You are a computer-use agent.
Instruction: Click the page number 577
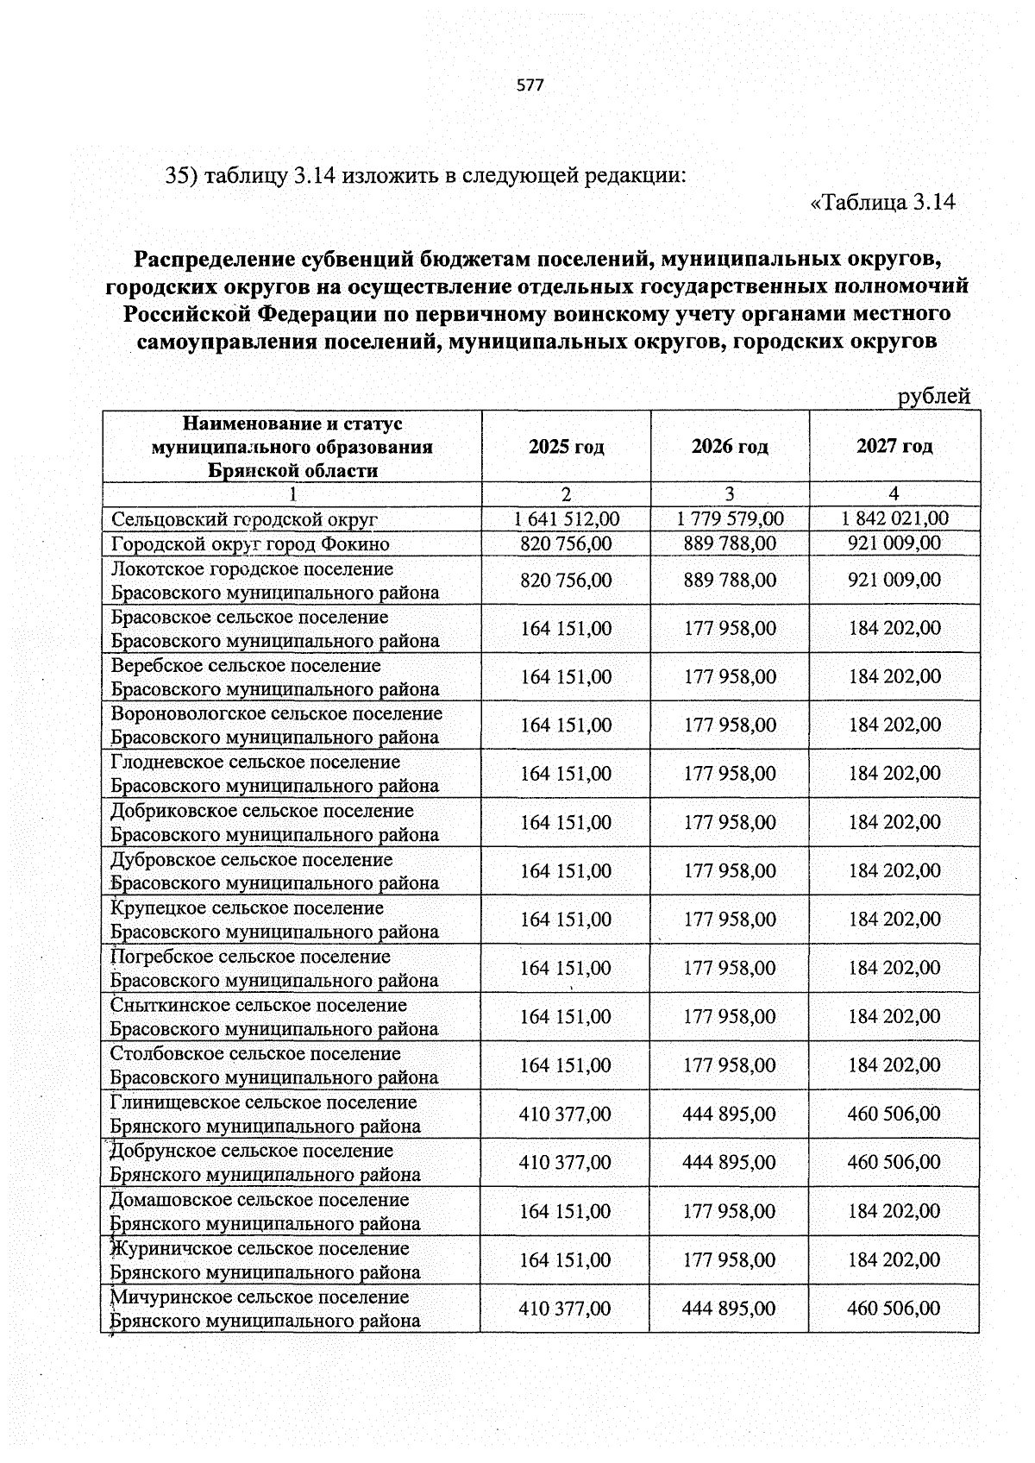pyautogui.click(x=530, y=85)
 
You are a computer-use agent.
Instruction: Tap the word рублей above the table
pyautogui.click(x=934, y=396)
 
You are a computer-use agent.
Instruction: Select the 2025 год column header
pyautogui.click(x=566, y=446)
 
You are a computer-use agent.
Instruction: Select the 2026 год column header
pyautogui.click(x=730, y=446)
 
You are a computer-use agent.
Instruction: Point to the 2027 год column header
pyautogui.click(x=894, y=446)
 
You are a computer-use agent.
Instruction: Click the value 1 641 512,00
pyautogui.click(x=566, y=518)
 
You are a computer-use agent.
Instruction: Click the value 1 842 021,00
pyautogui.click(x=894, y=518)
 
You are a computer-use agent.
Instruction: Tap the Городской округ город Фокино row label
pyautogui.click(x=250, y=544)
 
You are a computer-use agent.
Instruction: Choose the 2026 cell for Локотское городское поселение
pyautogui.click(x=730, y=580)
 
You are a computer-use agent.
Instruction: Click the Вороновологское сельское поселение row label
pyautogui.click(x=276, y=713)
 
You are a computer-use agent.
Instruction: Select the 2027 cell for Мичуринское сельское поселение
pyautogui.click(x=894, y=1309)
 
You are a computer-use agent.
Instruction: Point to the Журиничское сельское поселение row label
pyautogui.click(x=259, y=1248)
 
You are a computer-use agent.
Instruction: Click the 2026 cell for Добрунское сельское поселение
pyautogui.click(x=729, y=1163)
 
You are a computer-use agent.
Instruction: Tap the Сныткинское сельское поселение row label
pyautogui.click(x=258, y=1005)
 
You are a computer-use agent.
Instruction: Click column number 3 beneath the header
pyautogui.click(x=730, y=494)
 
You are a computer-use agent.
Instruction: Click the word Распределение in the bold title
pyautogui.click(x=215, y=258)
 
